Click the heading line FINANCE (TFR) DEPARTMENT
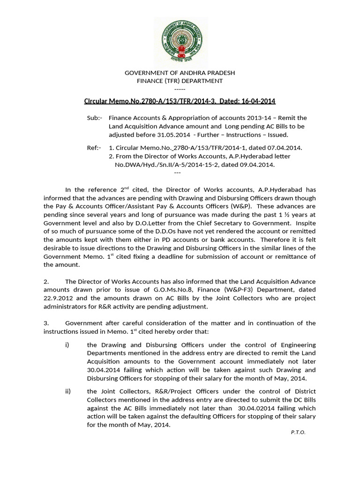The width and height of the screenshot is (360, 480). click(180, 81)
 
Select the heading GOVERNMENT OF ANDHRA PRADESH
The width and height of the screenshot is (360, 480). click(180, 73)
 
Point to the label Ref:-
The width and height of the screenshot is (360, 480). click(94, 148)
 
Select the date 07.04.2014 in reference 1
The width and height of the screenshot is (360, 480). click(286, 148)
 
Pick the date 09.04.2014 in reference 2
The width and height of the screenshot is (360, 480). click(258, 165)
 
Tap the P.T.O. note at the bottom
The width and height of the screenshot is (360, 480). click(298, 432)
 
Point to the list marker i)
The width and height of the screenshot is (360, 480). click(67, 345)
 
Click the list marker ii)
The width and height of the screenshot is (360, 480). click(68, 391)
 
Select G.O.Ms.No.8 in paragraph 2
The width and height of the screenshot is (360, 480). click(173, 290)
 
